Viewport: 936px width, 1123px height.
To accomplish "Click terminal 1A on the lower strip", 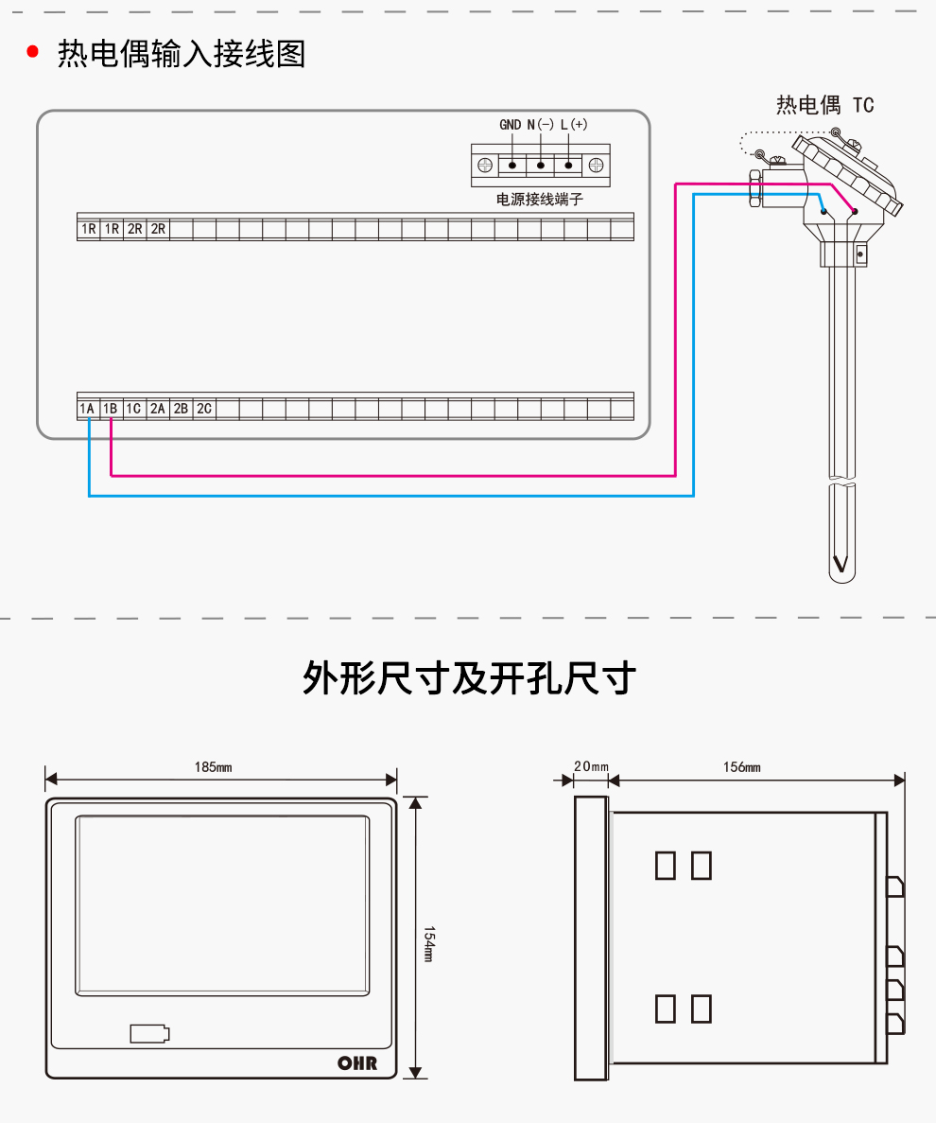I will click(x=88, y=409).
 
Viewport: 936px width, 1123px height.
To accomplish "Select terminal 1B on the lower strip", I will click(x=111, y=409).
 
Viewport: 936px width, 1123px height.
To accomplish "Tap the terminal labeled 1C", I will click(x=134, y=409).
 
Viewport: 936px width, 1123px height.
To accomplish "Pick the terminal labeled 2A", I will click(x=158, y=409).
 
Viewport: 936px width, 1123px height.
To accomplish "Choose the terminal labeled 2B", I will click(x=181, y=409).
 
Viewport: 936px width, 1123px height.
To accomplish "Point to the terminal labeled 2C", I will click(x=204, y=409).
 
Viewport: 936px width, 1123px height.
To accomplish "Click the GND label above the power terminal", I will click(x=511, y=125).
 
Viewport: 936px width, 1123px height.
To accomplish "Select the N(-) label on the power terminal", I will click(x=540, y=125).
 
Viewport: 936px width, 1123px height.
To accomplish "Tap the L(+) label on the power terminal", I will click(x=573, y=125).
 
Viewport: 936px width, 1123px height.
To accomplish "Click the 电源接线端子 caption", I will click(x=541, y=200).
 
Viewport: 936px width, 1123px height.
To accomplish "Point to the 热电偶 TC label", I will click(x=824, y=105).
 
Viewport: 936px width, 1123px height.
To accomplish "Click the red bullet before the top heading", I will click(x=33, y=53).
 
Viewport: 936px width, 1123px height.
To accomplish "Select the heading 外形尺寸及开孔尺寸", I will click(x=468, y=678).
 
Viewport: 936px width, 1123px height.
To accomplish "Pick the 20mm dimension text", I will click(x=592, y=767).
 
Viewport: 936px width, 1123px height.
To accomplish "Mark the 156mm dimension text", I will click(x=742, y=767).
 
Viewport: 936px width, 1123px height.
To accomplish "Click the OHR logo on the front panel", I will click(x=357, y=1063).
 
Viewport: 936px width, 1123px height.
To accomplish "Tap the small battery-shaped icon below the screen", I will click(x=150, y=1033).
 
